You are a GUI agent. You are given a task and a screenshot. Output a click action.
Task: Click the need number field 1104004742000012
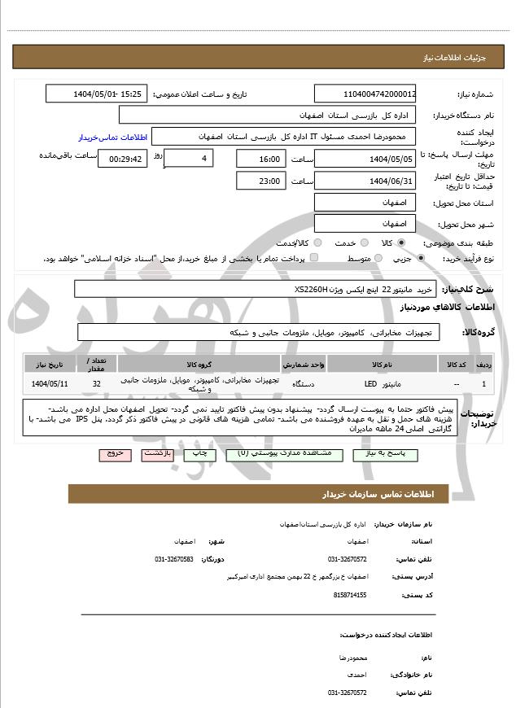click(366, 94)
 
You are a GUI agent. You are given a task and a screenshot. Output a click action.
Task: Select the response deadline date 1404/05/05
click(366, 159)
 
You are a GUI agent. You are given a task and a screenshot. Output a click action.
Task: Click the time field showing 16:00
click(261, 159)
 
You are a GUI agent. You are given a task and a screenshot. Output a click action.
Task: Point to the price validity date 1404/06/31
click(366, 181)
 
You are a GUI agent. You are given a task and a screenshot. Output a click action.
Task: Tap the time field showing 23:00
click(261, 181)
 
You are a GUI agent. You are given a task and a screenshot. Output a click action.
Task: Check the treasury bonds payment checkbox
click(314, 259)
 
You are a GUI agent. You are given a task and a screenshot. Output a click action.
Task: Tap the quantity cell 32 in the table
click(97, 383)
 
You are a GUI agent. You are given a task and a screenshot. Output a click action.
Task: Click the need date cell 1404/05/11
click(50, 383)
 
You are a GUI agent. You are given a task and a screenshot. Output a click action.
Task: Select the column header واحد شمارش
click(305, 364)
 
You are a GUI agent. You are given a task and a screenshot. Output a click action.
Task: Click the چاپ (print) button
click(200, 453)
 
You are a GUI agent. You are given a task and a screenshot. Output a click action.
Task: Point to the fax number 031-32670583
click(173, 559)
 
